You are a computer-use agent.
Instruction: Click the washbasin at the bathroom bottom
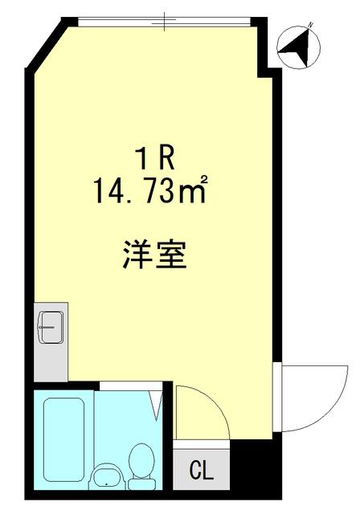[x=105, y=477]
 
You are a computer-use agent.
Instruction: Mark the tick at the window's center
[x=164, y=21]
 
